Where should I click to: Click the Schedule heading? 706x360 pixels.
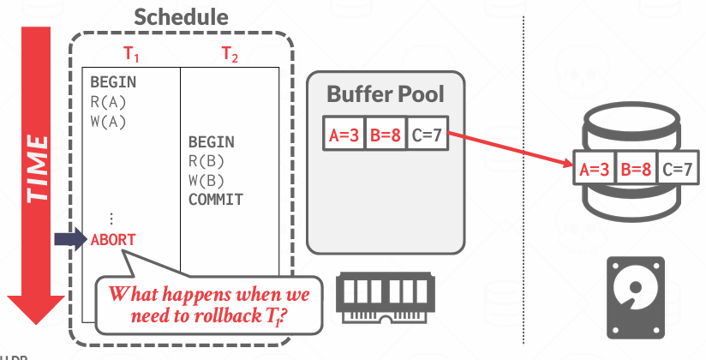click(x=182, y=17)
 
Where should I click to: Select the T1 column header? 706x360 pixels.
click(x=130, y=53)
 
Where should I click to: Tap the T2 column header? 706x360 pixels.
click(x=230, y=53)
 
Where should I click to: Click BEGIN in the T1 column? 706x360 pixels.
click(x=113, y=83)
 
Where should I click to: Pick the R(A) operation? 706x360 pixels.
click(x=108, y=102)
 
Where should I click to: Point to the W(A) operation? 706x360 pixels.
click(x=108, y=121)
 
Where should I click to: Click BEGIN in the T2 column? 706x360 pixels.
click(x=211, y=142)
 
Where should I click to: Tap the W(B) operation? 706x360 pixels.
click(x=206, y=180)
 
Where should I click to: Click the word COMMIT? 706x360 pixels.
click(x=216, y=200)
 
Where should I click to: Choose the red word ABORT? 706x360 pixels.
click(x=113, y=239)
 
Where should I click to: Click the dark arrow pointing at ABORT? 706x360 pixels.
click(x=69, y=239)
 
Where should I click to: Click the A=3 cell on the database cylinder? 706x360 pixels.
click(x=594, y=170)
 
